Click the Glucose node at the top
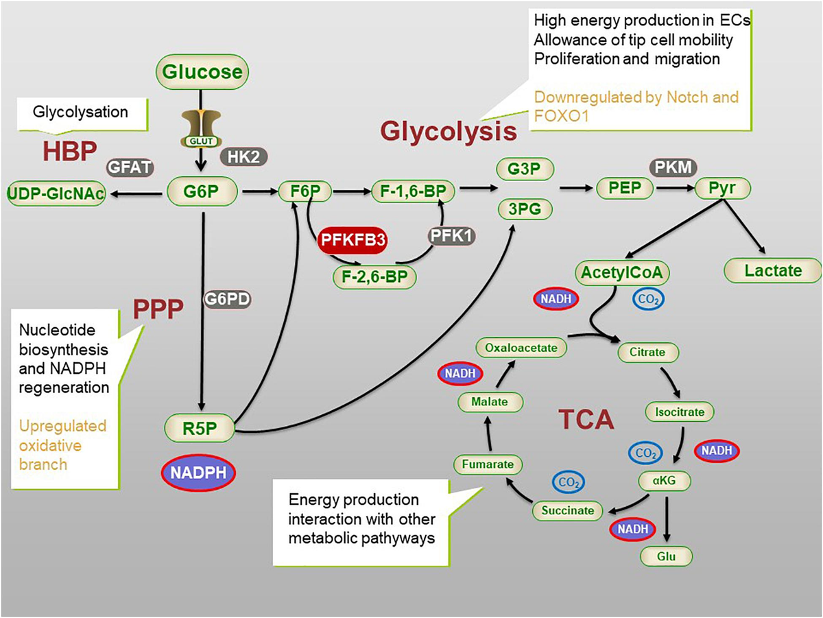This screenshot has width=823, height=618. tap(202, 71)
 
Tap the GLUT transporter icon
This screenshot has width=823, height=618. tap(202, 128)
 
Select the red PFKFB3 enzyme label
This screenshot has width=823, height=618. tap(353, 240)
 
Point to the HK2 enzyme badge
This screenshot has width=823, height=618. tap(243, 157)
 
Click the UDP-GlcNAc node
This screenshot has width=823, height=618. tap(56, 193)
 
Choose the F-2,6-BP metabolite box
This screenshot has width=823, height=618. tap(374, 277)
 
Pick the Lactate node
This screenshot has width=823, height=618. tap(773, 270)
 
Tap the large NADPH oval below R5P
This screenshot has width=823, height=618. tap(198, 473)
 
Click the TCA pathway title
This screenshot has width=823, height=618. tap(586, 419)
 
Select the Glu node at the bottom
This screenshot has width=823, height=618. tap(666, 556)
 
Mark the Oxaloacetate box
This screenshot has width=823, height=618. tap(521, 348)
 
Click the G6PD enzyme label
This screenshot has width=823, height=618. tap(227, 299)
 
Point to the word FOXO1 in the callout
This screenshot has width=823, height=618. tap(561, 116)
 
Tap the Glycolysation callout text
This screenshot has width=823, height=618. tap(80, 112)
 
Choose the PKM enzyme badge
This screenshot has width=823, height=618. tap(673, 167)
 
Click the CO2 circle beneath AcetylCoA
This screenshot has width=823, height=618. tap(648, 299)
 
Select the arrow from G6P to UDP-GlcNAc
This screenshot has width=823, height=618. tap(136, 194)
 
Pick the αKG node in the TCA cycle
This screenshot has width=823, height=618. tap(665, 480)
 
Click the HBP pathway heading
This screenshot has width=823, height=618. tap(70, 151)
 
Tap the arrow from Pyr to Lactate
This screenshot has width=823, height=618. tap(744, 226)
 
